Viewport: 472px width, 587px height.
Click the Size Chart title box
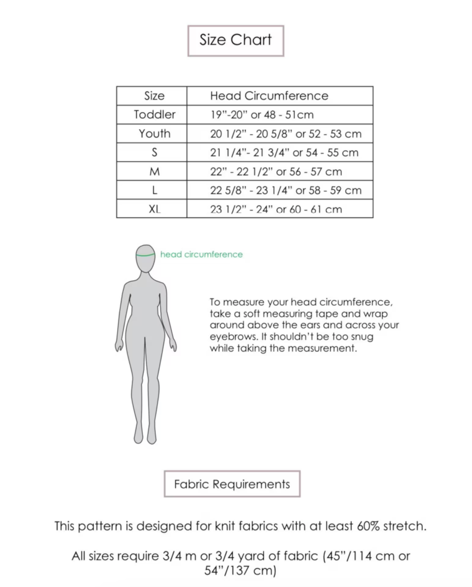[x=236, y=41]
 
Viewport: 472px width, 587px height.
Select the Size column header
[x=154, y=96]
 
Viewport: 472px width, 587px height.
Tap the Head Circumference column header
[x=269, y=96]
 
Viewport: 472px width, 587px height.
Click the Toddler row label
[x=154, y=115]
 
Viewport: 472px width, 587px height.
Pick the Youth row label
[x=154, y=133]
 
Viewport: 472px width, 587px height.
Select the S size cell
[x=154, y=153]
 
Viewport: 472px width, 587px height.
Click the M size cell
[x=154, y=172]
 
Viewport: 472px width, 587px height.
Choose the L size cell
[x=154, y=190]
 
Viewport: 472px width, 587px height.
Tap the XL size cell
[x=154, y=209]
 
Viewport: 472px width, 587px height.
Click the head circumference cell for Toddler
[x=262, y=115]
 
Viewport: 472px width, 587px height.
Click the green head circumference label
[x=201, y=254]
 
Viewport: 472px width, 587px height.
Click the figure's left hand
[x=119, y=346]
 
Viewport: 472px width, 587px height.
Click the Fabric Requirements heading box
[x=232, y=484]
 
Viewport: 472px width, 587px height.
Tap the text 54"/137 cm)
[x=240, y=571]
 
